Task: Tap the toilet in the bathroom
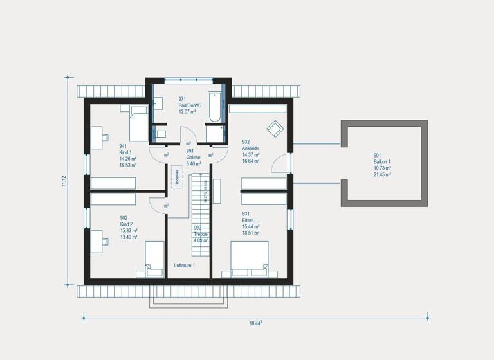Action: (160, 134)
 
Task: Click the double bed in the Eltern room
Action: (250, 260)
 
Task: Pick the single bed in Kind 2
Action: (155, 258)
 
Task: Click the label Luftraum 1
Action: (184, 265)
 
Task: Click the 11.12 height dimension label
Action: (64, 181)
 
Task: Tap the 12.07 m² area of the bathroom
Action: (187, 111)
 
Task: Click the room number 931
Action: (246, 214)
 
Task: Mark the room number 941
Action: (123, 146)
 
